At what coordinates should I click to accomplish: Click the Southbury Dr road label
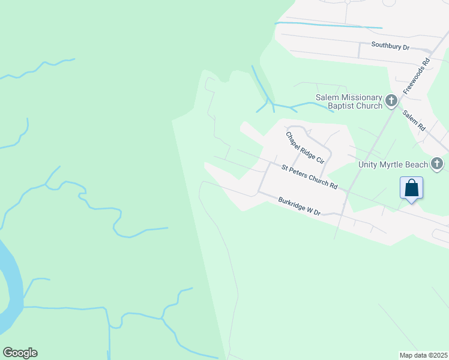coord(390,46)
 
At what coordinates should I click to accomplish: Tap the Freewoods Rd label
coord(417,76)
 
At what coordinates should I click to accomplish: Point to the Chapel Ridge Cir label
coord(304,148)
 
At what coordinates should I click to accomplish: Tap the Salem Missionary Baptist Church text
coord(349,102)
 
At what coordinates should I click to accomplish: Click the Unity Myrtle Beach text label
coord(393,164)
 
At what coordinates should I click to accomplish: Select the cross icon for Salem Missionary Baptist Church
coord(391,101)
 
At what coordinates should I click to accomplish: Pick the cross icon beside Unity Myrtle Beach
coord(437,163)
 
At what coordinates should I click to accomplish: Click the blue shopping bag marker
coord(411,188)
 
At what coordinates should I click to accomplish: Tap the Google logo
coord(20,353)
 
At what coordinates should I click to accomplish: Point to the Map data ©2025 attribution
coord(423,355)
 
